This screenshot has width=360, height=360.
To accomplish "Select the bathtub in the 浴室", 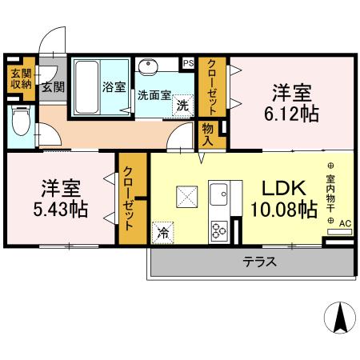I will pos(85,88).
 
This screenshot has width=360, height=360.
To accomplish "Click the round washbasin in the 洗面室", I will pos(148,67).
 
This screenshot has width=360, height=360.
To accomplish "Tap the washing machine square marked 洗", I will pos(183,104).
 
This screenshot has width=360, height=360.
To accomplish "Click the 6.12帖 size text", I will pos(292,113).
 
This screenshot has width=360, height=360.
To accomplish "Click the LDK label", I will pos(280,189).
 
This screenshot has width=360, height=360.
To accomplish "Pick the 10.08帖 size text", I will pos(282,210).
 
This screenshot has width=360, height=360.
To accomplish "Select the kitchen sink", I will pos(219,194).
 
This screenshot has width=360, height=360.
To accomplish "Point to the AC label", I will pos(345,223).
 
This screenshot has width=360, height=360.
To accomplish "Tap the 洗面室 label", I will pos(154,94).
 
